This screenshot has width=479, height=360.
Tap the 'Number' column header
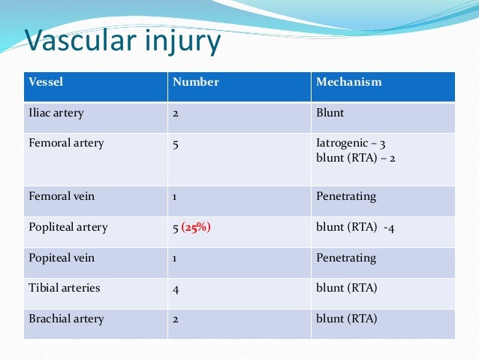pyautogui.click(x=195, y=82)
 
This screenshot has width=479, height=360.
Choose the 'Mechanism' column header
pyautogui.click(x=348, y=82)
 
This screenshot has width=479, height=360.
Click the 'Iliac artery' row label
pyautogui.click(x=56, y=113)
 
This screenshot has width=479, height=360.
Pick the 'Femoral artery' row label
pyautogui.click(x=66, y=142)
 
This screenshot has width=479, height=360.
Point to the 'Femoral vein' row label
pyautogui.click(x=61, y=195)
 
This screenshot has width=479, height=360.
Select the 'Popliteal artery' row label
pyautogui.click(x=68, y=227)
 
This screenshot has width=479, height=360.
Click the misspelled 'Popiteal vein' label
pyautogui.click(x=61, y=257)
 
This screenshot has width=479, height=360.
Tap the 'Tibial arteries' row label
pyautogui.click(x=64, y=288)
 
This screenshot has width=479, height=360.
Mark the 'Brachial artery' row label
pyautogui.click(x=66, y=319)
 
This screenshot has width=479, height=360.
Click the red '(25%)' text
pyautogui.click(x=195, y=227)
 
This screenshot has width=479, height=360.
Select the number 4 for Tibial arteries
pyautogui.click(x=176, y=289)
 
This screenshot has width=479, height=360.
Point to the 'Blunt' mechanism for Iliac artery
pyautogui.click(x=331, y=113)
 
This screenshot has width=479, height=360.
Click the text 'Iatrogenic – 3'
pyautogui.click(x=351, y=142)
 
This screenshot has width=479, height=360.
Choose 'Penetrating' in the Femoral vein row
pyautogui.click(x=346, y=195)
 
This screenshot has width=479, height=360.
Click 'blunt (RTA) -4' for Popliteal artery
pyautogui.click(x=355, y=227)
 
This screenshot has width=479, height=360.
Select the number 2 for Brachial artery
pyautogui.click(x=176, y=319)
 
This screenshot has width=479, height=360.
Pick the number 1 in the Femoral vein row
pyautogui.click(x=176, y=195)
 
